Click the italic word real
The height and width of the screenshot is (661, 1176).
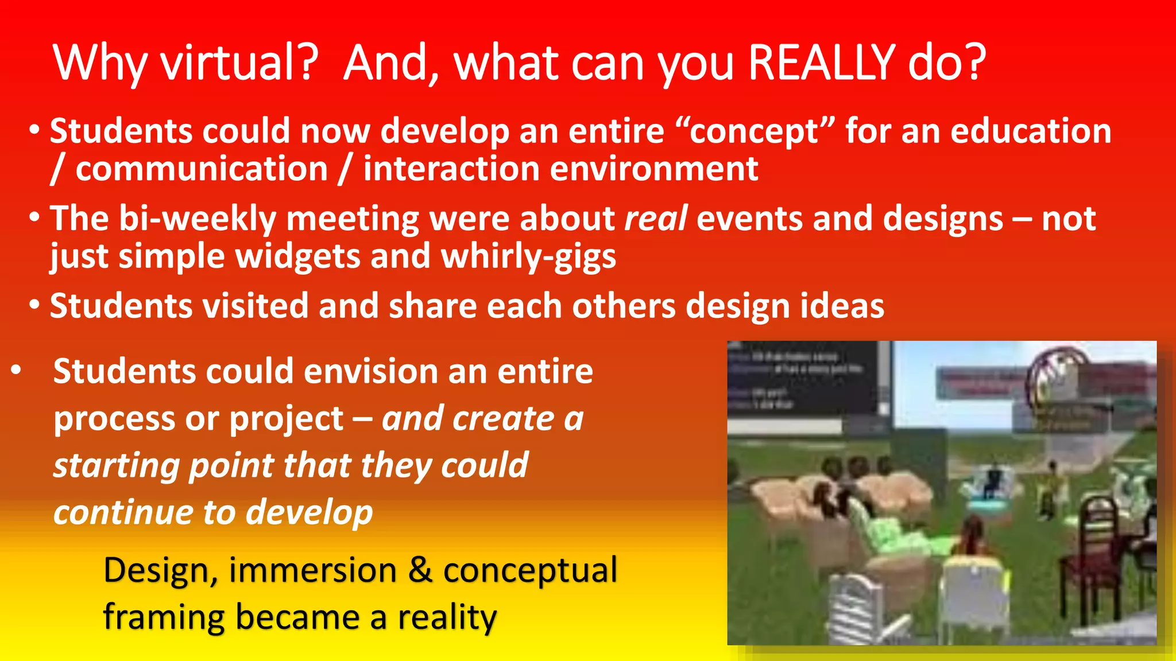point(656,219)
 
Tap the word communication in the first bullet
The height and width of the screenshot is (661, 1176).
point(202,169)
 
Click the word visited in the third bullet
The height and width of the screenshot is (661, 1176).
point(256,305)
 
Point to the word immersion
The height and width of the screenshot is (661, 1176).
point(312,570)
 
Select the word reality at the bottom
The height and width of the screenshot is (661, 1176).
point(447,617)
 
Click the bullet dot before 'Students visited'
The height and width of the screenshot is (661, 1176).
point(34,305)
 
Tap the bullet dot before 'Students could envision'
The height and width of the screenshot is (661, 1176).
point(16,370)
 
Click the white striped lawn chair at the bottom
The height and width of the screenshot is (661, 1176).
point(858,608)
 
